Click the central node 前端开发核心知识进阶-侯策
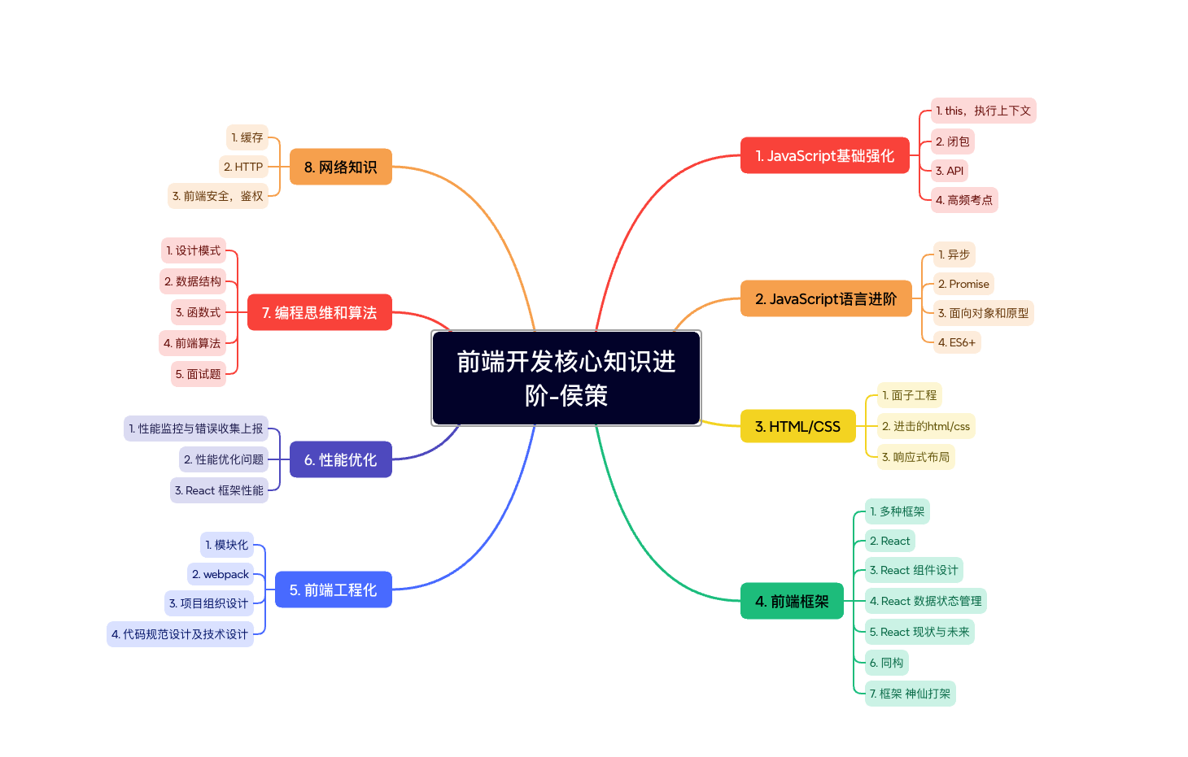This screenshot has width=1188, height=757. pos(566,378)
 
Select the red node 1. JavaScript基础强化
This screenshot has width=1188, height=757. pos(824,155)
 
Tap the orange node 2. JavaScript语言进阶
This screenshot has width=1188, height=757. pos(825,298)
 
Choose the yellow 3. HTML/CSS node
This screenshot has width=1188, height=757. pos(797,426)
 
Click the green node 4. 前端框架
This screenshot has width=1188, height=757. pos(792,602)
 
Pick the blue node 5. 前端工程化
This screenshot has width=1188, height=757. pos(333,590)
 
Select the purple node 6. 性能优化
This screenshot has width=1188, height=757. pos(340,459)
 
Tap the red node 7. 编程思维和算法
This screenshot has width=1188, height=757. pos(319,312)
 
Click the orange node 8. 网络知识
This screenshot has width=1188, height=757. pos(340,167)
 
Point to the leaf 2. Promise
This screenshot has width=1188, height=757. pos(963,284)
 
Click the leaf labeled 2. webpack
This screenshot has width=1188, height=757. pos(221,574)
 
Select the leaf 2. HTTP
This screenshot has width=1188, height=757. pos(243,167)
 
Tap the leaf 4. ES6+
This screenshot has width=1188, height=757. pos(956,342)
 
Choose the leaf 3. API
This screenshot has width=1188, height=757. pos(949,171)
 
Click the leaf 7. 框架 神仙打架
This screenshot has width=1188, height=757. pos(910,694)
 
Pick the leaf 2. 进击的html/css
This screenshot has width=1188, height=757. pos(925,426)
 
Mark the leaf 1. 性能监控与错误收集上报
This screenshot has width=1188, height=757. pos(196,429)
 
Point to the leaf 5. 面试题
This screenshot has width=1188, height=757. pos(198,374)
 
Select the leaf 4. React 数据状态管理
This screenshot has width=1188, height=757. pos(925,601)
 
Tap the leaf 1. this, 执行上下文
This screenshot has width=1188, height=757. pos(983,111)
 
